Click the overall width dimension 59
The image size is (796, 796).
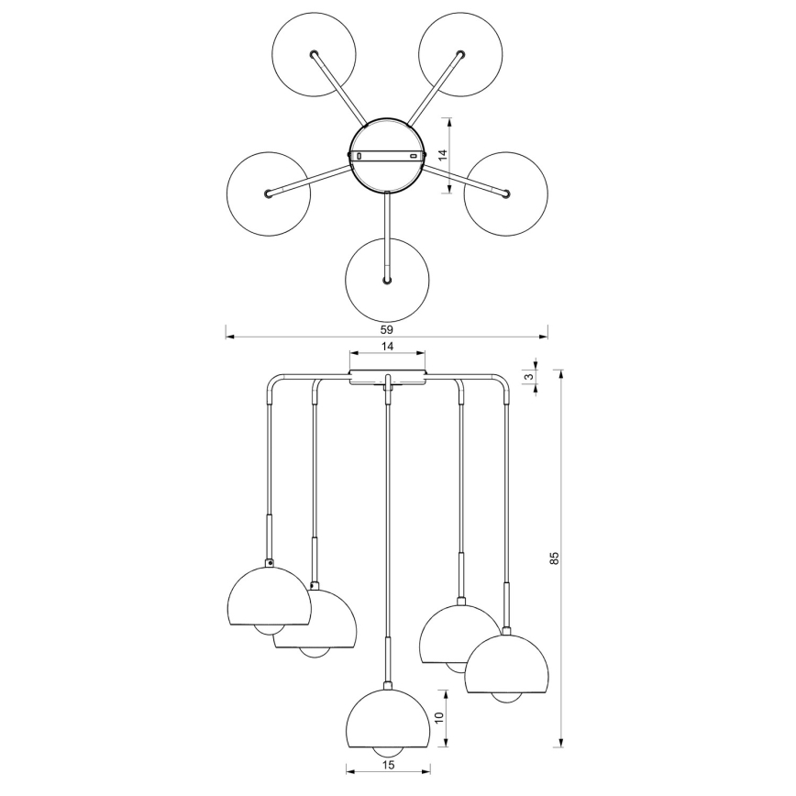click(387, 329)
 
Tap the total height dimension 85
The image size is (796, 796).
click(555, 558)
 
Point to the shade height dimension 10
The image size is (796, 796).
click(439, 717)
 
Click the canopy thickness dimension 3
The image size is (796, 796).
click(528, 377)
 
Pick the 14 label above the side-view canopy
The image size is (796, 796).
click(387, 347)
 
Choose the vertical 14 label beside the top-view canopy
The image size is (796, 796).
click(443, 155)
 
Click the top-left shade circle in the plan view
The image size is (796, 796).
click(314, 54)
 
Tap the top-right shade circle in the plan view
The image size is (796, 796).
click(460, 54)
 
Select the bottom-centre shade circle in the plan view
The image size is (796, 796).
click(387, 281)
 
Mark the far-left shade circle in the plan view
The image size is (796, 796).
click(269, 193)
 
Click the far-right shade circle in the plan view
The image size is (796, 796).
click(505, 193)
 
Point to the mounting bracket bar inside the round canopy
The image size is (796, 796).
click(387, 156)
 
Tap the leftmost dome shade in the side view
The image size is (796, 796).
click(269, 595)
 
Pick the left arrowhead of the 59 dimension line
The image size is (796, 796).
click(230, 336)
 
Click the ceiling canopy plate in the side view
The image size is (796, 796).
click(387, 377)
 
